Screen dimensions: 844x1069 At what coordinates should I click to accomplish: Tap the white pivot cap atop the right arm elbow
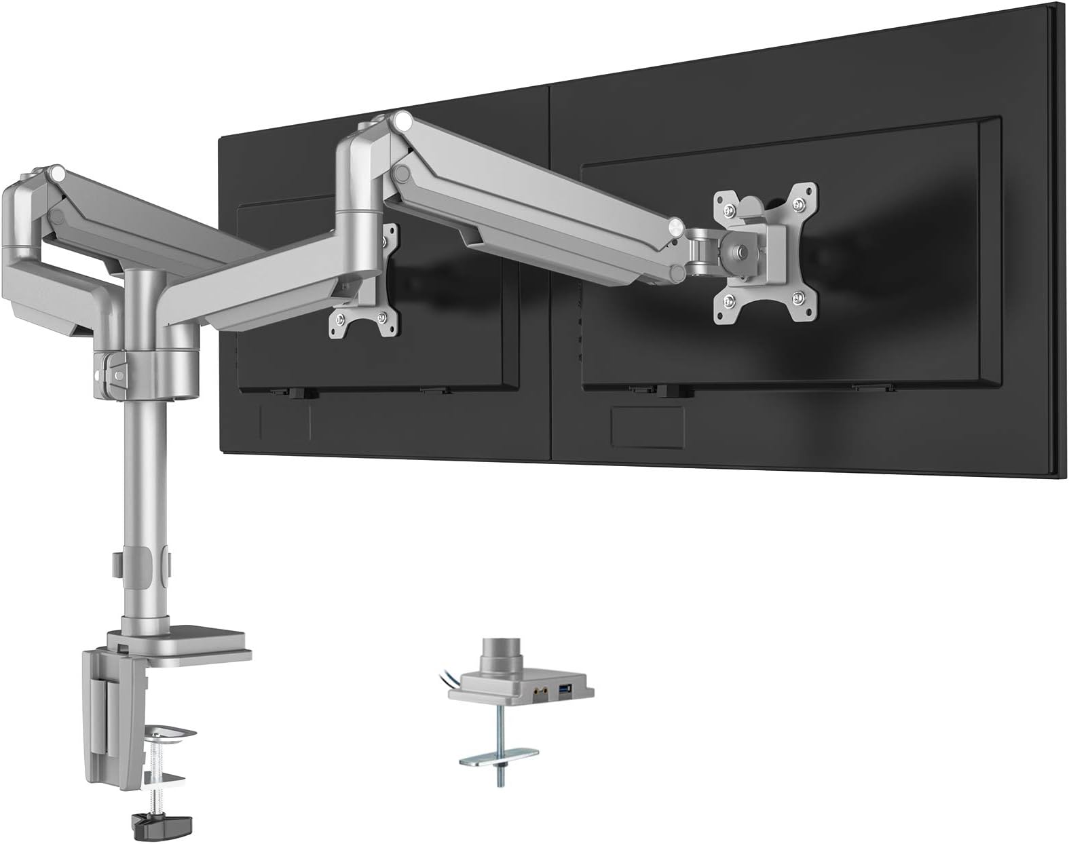pos(404,122)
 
